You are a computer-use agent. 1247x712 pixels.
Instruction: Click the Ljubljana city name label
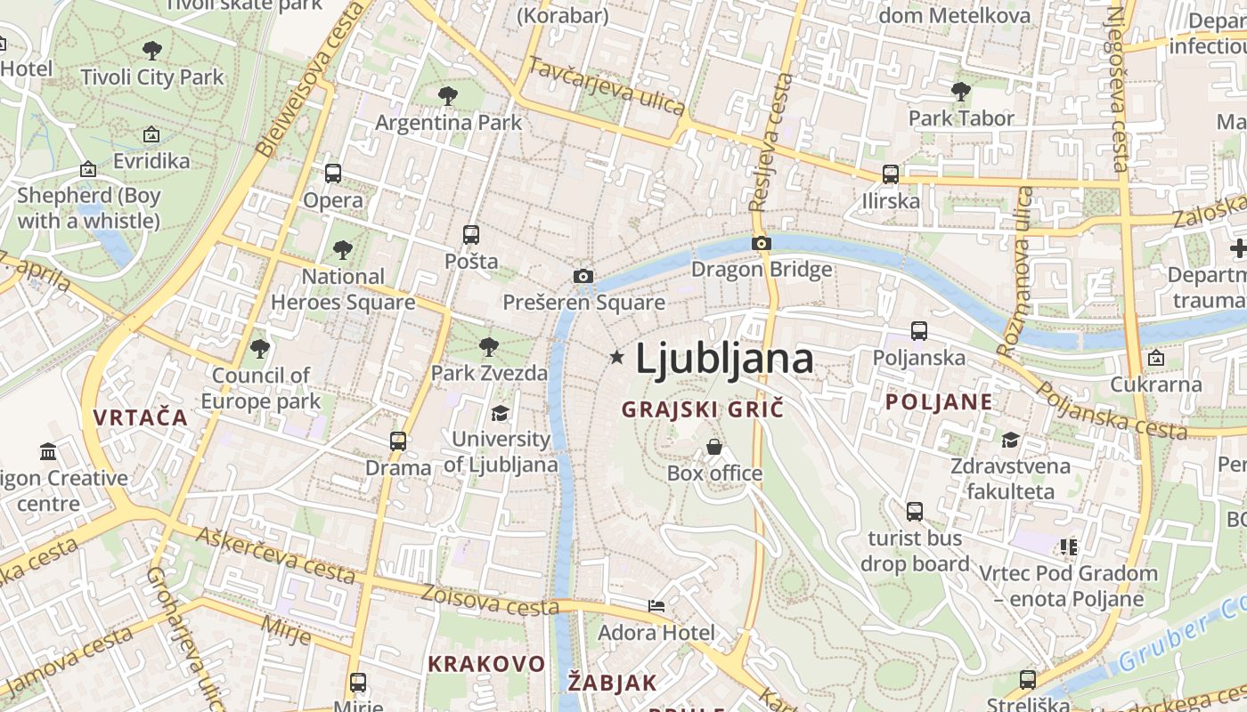pos(723,359)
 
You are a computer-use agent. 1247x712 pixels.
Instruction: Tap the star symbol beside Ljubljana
pos(616,357)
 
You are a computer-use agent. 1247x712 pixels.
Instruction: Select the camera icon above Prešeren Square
pos(583,277)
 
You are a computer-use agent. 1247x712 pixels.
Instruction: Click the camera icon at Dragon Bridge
pos(761,243)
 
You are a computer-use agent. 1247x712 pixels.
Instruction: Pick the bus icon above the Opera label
pos(333,174)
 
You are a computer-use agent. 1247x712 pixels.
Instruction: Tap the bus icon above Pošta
pos(471,235)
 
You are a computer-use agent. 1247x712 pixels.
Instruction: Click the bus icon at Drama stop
pos(398,441)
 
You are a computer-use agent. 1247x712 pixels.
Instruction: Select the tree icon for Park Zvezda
pos(488,347)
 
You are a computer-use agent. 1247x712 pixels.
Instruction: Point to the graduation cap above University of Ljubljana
pos(500,414)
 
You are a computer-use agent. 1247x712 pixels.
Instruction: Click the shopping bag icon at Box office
pos(714,447)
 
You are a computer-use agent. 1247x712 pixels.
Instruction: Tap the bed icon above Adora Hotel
pos(656,606)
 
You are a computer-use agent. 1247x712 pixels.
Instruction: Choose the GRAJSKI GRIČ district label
pos(703,409)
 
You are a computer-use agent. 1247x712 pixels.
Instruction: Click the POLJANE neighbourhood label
pos(939,401)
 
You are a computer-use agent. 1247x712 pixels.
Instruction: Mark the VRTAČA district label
pos(141,417)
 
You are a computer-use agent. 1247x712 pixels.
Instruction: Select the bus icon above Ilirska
pos(890,174)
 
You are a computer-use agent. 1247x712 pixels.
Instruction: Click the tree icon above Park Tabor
pos(960,91)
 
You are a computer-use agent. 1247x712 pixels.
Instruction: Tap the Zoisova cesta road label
pos(490,600)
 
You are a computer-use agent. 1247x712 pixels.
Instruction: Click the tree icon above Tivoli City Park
pos(152,51)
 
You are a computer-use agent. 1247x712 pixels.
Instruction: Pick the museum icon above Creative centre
pos(49,452)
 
